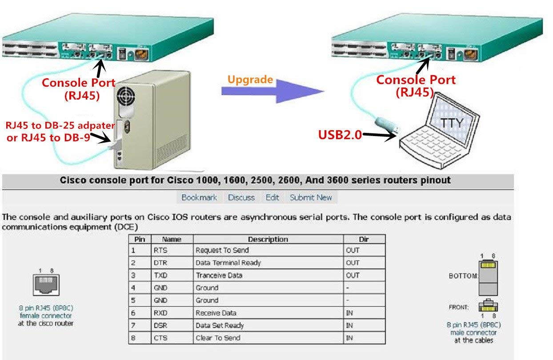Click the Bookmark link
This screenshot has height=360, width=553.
[199, 197]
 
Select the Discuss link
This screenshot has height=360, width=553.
[241, 197]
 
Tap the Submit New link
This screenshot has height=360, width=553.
[311, 197]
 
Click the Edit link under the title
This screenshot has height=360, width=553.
[272, 197]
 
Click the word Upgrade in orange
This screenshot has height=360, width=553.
[250, 80]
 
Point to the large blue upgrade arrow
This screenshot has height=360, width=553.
[276, 92]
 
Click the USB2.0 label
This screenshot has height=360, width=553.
[339, 135]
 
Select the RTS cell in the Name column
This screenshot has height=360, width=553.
[160, 250]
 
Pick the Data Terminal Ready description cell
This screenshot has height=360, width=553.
[228, 263]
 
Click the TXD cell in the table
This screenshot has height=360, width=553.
[160, 275]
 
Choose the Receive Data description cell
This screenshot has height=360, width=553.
[216, 313]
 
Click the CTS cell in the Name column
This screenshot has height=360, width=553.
[160, 338]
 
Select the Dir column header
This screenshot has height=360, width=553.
[364, 239]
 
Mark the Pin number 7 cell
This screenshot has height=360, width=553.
[133, 325]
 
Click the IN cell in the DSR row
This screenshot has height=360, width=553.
[349, 325]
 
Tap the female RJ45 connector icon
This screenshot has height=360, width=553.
[46, 284]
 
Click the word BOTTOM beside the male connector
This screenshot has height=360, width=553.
[462, 276]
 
